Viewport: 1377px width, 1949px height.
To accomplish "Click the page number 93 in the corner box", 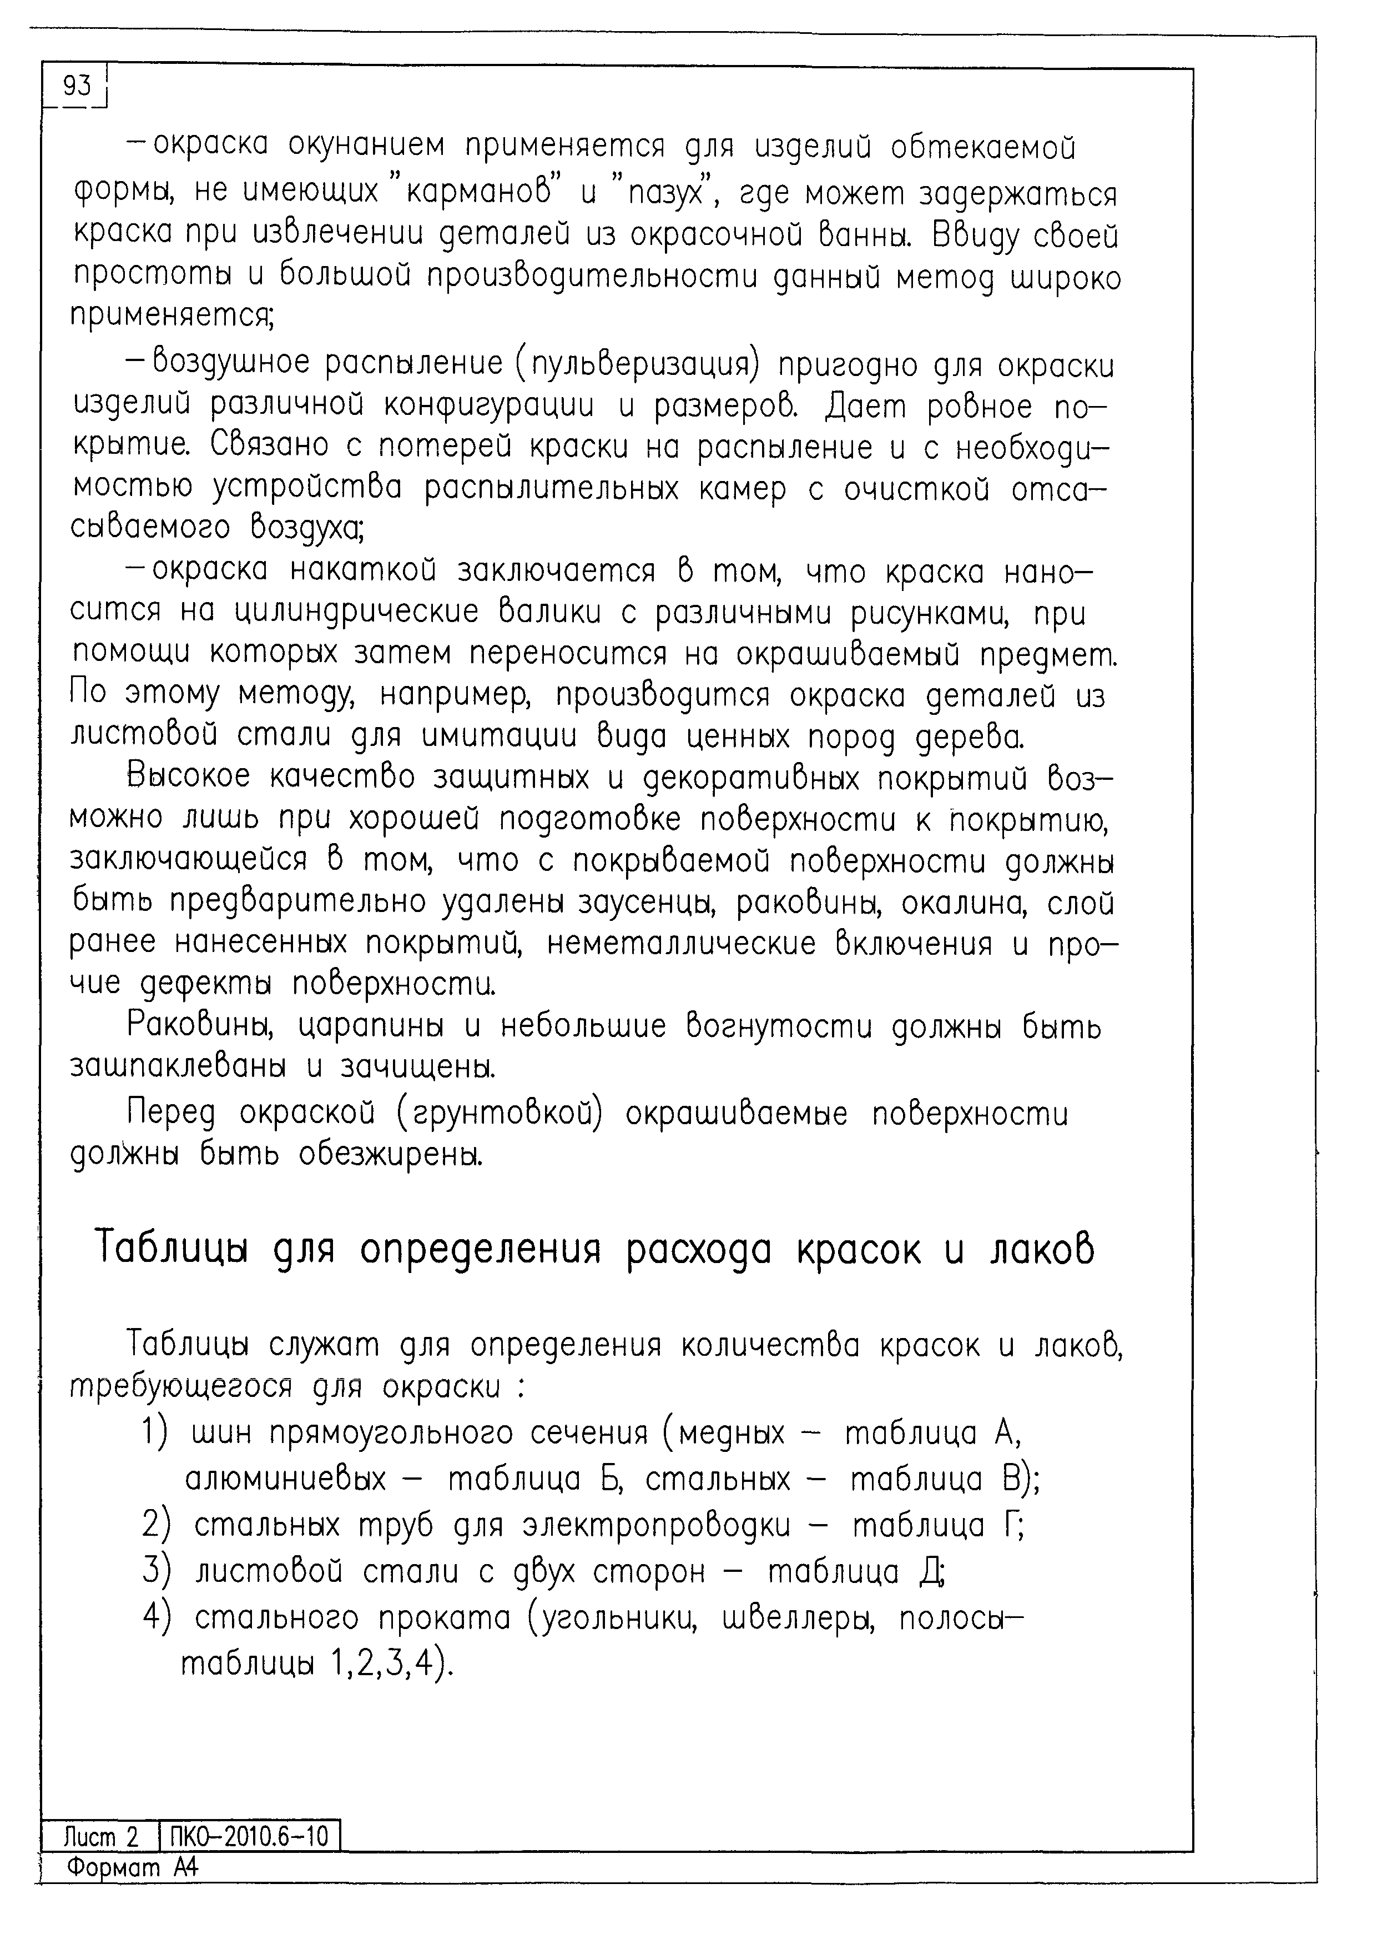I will (x=77, y=86).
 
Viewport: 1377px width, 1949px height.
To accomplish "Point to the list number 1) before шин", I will (x=156, y=1433).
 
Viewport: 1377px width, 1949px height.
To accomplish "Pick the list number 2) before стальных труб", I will (x=156, y=1525).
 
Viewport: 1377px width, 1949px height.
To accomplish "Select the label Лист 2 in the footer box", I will (x=100, y=1838).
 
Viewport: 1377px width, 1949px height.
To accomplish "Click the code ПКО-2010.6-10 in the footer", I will (x=249, y=1838).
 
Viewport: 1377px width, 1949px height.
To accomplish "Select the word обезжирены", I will (x=390, y=1155).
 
